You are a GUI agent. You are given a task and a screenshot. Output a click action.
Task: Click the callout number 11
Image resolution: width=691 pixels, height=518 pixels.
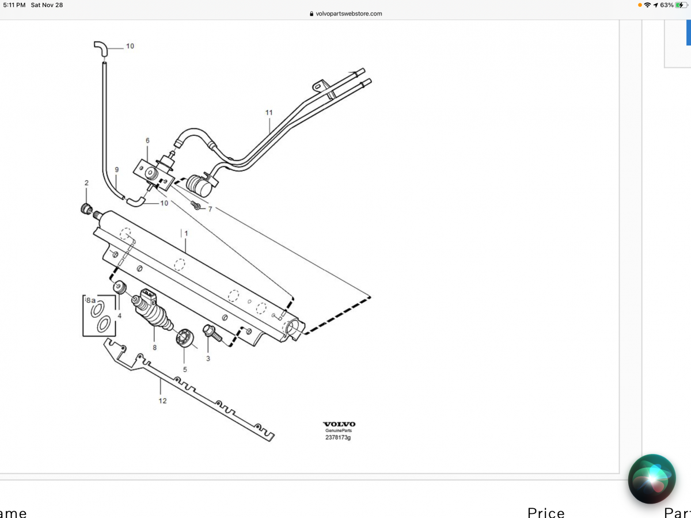coord(269,112)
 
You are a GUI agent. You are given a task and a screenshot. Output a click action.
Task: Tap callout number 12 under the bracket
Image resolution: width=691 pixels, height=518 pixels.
coord(162,401)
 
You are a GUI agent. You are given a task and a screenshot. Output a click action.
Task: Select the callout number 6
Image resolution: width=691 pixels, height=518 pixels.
coord(147,140)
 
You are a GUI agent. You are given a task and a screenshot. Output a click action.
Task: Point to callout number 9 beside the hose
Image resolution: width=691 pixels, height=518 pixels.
coord(117,170)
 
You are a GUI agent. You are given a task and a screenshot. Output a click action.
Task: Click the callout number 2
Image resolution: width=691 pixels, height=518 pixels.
coord(86,183)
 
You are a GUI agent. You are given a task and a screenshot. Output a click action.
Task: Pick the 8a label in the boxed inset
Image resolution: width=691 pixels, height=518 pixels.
coord(91,300)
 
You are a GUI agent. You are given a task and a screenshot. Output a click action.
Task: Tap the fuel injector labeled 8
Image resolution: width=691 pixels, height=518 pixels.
coord(153,314)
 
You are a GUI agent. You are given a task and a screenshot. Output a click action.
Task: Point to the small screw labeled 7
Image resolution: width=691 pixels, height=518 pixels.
coord(196,205)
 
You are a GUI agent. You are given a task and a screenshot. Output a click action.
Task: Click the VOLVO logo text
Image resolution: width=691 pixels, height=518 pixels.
coord(339,424)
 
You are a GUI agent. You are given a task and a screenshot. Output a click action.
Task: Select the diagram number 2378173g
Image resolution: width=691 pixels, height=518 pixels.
coord(338,438)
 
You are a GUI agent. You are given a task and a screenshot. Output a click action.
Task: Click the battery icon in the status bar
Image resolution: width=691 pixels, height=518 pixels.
coord(681,5)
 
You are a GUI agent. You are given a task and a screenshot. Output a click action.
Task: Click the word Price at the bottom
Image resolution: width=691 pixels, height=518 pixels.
coord(546,512)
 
